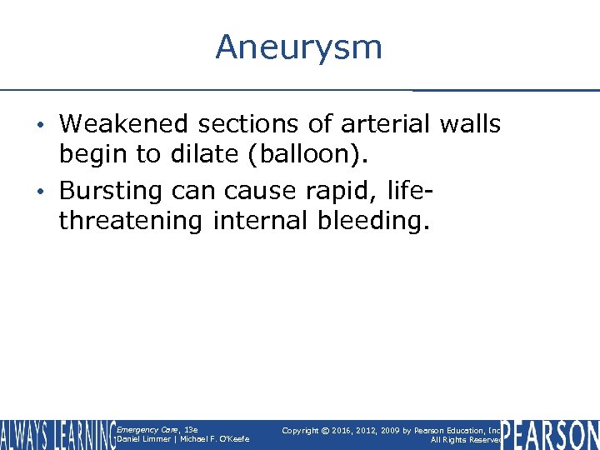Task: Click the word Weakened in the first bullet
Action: pos(123,124)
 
